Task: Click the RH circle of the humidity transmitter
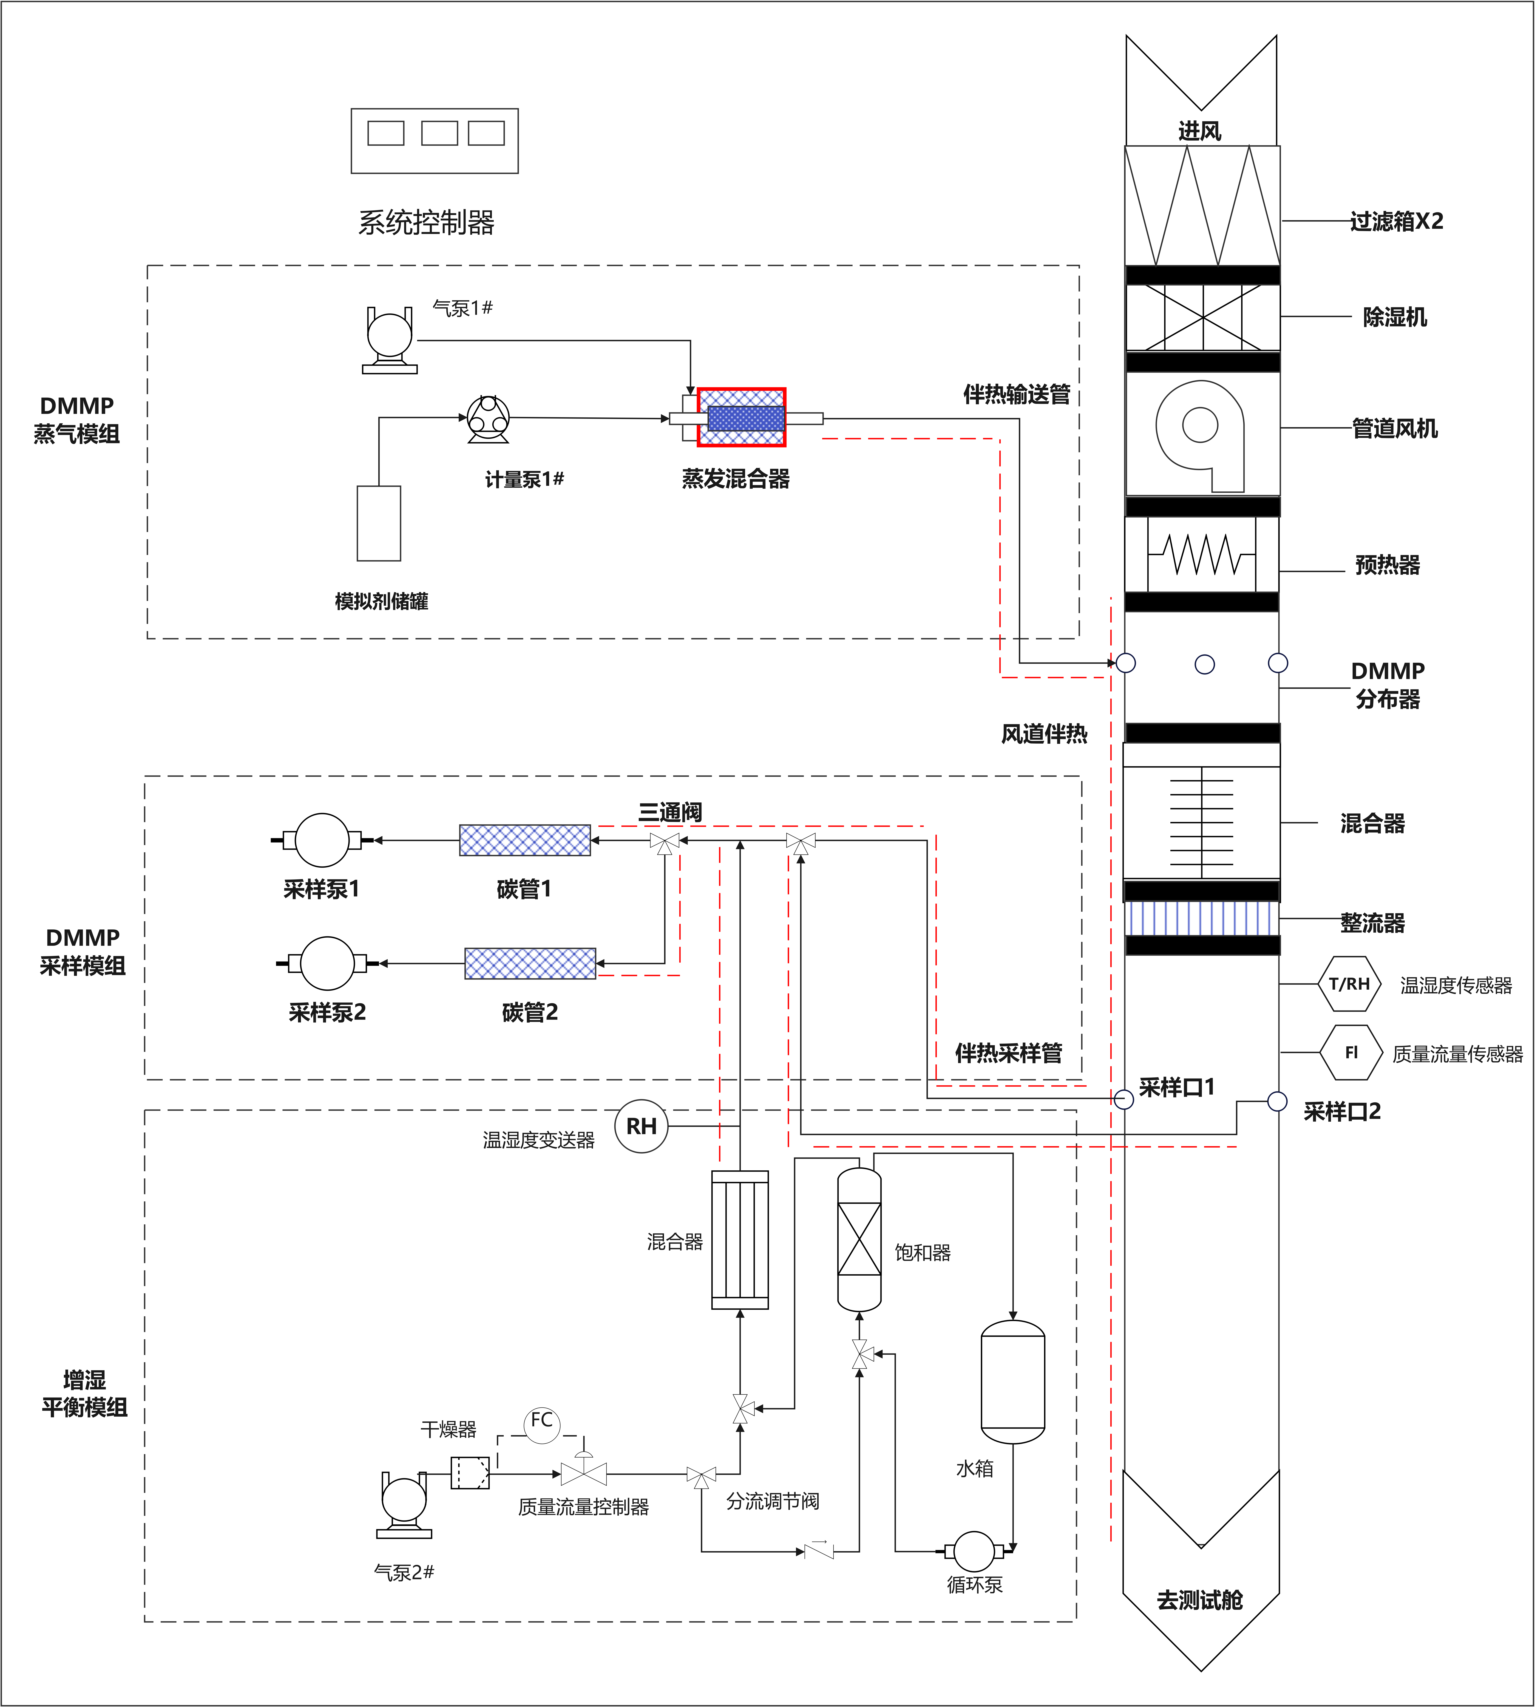click(641, 1126)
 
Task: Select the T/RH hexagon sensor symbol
click(1349, 983)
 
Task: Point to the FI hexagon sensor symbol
click(1351, 1053)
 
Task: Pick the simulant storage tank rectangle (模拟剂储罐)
click(379, 523)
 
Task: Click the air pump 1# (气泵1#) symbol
click(390, 337)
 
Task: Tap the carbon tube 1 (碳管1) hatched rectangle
click(525, 840)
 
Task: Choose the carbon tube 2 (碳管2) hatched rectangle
click(530, 963)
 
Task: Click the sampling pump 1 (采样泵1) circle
click(322, 840)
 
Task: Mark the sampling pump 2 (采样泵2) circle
click(327, 963)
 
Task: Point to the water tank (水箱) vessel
click(1013, 1381)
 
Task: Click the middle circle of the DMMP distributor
click(1204, 665)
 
